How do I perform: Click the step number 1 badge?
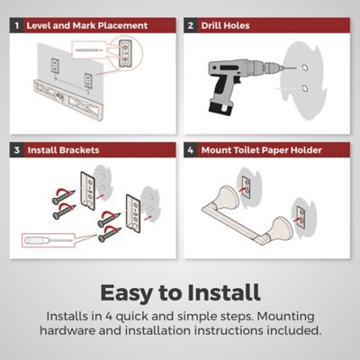point(17,25)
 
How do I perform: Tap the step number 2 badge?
point(191,25)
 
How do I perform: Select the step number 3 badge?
point(17,150)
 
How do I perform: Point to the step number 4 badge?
point(191,150)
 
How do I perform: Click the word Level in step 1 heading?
point(39,25)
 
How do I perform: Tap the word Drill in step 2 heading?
point(211,25)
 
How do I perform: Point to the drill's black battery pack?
point(220,108)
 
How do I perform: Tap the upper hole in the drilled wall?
point(305,67)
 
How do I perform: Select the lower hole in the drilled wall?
point(305,89)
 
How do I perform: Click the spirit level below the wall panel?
point(68,100)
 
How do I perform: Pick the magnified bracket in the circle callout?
point(125,53)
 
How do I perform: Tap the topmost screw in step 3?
point(63,196)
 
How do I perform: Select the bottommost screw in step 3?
point(110,234)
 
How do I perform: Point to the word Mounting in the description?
point(286,316)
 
